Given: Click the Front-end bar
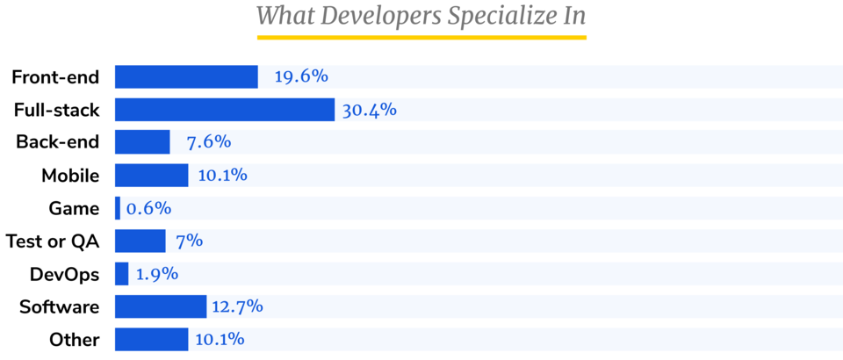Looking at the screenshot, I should [186, 77].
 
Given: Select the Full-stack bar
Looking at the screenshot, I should [225, 110].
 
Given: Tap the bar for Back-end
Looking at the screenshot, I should [142, 142].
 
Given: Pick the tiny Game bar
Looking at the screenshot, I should [118, 208].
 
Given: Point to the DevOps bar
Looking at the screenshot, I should [122, 274].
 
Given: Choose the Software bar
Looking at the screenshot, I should [161, 306].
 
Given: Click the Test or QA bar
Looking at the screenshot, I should [140, 241].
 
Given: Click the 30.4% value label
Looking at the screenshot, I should [370, 110].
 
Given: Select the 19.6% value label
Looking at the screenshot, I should [301, 77].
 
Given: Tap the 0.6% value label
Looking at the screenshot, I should [148, 208].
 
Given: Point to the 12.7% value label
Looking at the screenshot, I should [236, 306].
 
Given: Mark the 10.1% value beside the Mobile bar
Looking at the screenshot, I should [222, 175].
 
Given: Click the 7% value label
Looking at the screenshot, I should [189, 241].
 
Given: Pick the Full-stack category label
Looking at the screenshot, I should [56, 110].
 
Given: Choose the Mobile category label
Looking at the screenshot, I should [70, 176].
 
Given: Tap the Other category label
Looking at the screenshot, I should [75, 340].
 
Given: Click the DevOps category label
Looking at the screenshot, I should [64, 274].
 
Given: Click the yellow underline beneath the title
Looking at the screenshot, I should [421, 38].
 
